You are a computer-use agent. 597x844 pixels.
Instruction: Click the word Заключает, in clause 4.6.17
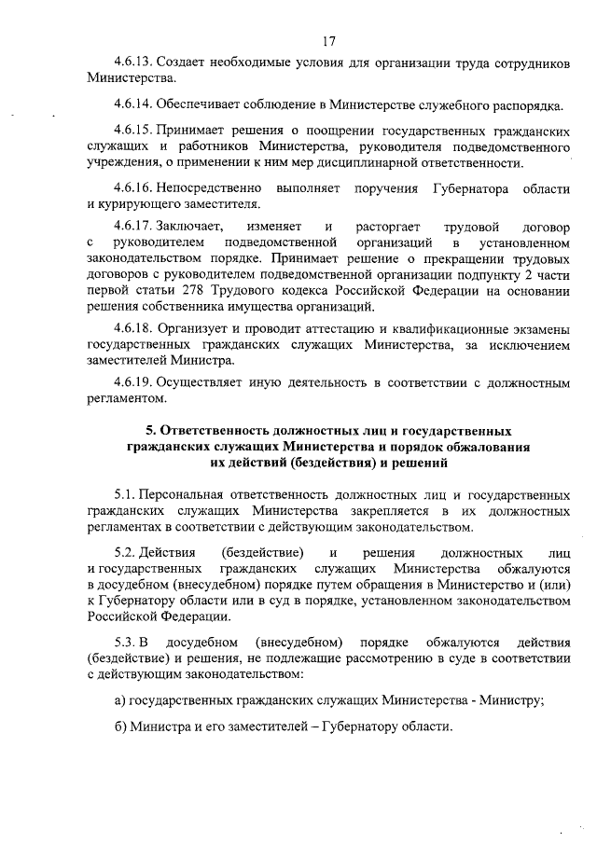tap(191, 227)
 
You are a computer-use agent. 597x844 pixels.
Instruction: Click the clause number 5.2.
tap(124, 553)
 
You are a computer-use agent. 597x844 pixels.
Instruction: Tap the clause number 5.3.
tap(124, 642)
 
